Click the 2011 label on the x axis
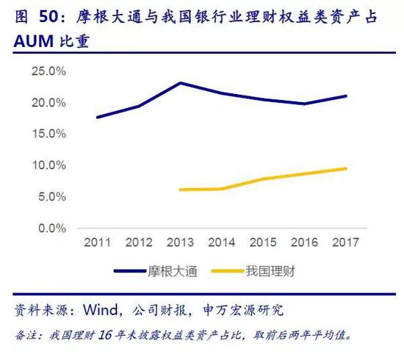pos(97,242)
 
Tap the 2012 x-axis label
pos(139,242)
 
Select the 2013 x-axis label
pos(181,242)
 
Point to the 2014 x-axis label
pos(222,242)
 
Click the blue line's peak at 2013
pos(181,83)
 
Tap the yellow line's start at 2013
pos(181,190)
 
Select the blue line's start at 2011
pos(97,118)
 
